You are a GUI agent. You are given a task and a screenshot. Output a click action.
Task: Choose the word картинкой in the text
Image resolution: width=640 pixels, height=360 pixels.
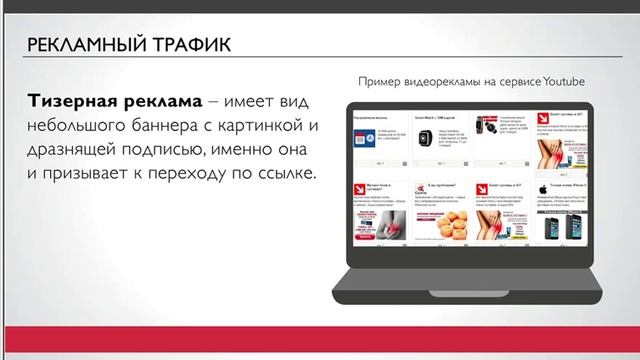tap(271, 127)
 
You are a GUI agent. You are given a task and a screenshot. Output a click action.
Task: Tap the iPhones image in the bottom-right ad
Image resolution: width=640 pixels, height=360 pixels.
tap(556, 227)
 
